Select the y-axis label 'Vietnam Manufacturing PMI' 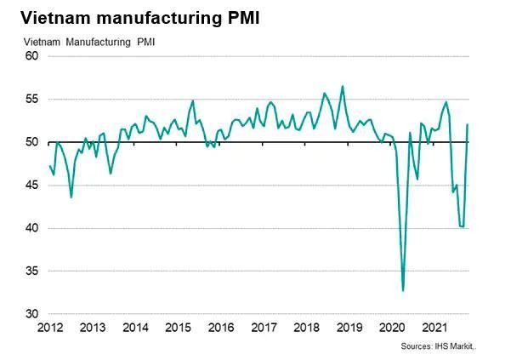point(89,41)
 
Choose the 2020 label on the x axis point(391,328)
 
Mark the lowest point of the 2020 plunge point(403,291)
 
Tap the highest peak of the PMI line point(343,86)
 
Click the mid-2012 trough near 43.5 point(71,197)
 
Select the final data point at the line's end point(468,124)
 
